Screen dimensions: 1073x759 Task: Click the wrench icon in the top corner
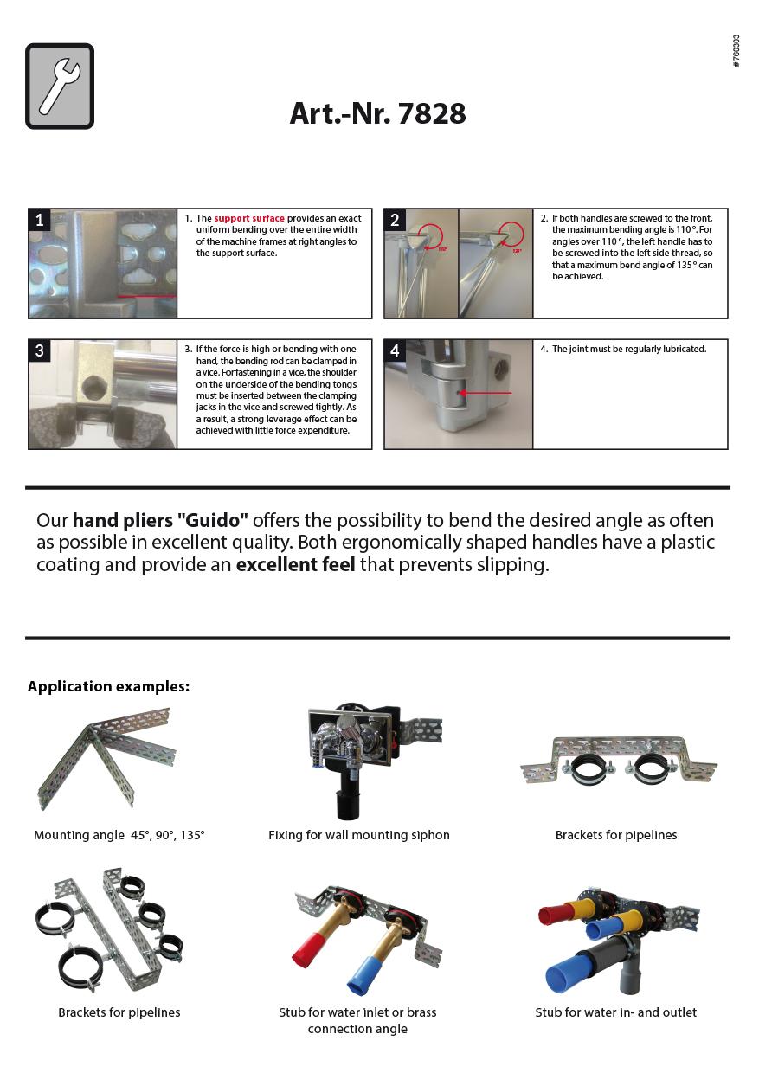[60, 87]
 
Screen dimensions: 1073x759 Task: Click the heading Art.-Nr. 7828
[377, 113]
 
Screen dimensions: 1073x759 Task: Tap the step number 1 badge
[40, 220]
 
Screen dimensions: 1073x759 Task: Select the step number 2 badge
[396, 220]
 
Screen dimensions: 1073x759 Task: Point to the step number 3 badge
[40, 350]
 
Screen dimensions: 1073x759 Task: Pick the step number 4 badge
[396, 350]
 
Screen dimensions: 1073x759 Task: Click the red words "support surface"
[249, 218]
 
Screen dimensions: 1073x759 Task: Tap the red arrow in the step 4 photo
[486, 393]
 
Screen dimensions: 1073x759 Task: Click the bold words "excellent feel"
[295, 565]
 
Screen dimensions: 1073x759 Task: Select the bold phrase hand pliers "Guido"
[160, 520]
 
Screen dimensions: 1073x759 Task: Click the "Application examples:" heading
[108, 686]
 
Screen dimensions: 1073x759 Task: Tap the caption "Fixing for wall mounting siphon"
[359, 835]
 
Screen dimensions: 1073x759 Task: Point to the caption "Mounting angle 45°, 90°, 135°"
[119, 835]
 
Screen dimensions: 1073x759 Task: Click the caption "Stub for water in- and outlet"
[615, 1012]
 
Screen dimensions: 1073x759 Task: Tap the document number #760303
[736, 51]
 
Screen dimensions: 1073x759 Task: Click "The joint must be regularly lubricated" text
[629, 349]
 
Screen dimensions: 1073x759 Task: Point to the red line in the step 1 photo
[145, 296]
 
